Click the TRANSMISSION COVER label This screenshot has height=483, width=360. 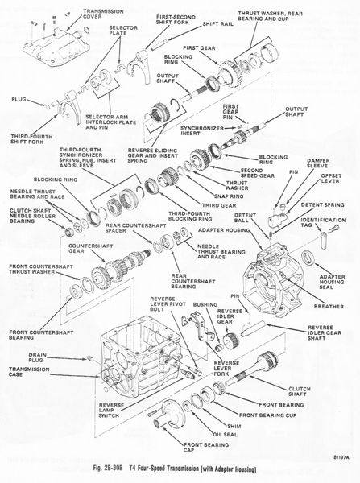click(x=103, y=14)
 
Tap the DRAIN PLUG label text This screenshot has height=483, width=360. click(x=38, y=357)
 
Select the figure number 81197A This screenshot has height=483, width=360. click(x=341, y=457)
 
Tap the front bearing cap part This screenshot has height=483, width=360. click(x=169, y=413)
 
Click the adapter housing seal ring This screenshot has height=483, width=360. click(x=308, y=258)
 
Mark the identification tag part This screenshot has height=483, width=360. click(x=324, y=240)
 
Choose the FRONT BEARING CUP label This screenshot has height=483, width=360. click(x=267, y=415)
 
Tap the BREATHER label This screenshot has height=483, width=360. click(x=329, y=306)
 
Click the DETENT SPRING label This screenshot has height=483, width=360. click(x=323, y=204)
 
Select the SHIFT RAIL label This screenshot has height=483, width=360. click(x=218, y=23)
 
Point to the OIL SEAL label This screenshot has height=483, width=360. click(x=225, y=435)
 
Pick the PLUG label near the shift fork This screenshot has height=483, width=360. click(x=19, y=100)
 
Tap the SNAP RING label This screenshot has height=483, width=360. click(x=229, y=196)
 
